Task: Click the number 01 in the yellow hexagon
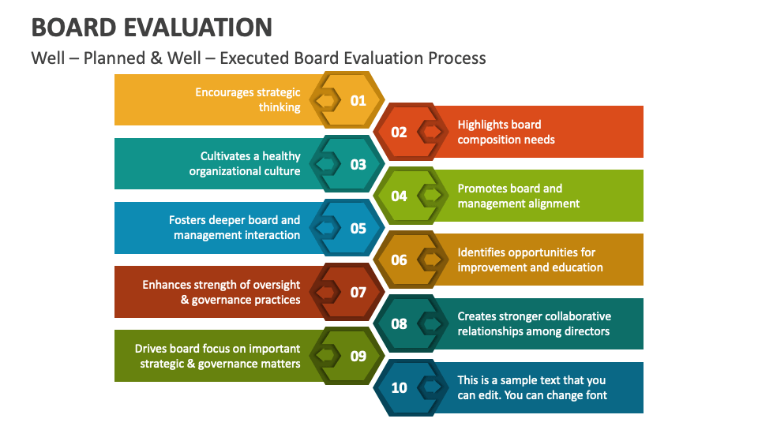(358, 100)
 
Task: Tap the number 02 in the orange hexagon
(400, 132)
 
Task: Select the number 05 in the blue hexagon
(358, 228)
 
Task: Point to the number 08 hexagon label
(400, 323)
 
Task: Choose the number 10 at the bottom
(400, 387)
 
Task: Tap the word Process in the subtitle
(457, 58)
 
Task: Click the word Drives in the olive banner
(152, 349)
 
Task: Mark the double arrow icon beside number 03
(325, 164)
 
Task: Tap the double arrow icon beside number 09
(325, 356)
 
